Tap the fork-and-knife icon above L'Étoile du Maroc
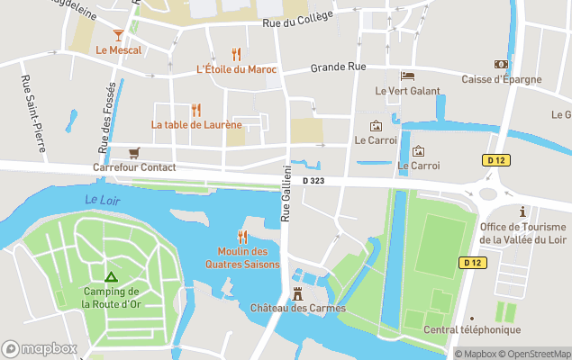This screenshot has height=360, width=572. point(236,54)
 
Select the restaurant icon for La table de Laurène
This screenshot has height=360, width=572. point(196,110)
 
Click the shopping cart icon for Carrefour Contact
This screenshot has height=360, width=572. point(133,153)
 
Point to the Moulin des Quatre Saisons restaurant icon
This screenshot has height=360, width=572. point(242,237)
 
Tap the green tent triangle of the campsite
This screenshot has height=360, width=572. point(110,277)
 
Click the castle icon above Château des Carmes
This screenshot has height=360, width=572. point(298,293)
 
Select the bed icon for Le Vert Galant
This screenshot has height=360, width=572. point(407,76)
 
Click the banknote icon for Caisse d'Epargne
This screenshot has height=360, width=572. point(501,65)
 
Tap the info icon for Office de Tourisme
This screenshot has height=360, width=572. point(522,211)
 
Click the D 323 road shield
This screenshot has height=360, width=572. point(313,181)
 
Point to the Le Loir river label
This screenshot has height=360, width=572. point(102,200)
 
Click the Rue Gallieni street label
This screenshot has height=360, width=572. point(286,193)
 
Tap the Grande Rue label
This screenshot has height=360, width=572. point(338,67)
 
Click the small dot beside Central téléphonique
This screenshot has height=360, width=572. point(471,318)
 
